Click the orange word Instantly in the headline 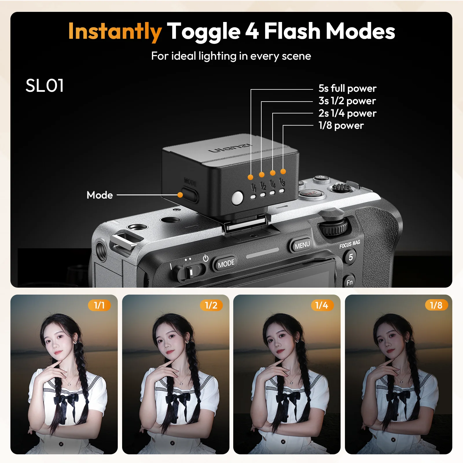coord(115,32)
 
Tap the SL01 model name coord(45,86)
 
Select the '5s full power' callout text coord(347,88)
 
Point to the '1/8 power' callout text coord(341,126)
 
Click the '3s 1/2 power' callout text coord(347,101)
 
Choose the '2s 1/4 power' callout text coord(347,113)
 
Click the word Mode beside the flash coord(100,195)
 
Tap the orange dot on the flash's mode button coord(180,195)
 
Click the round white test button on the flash coord(237,198)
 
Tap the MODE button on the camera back coord(226,263)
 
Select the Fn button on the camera coord(349,282)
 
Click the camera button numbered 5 coord(350,257)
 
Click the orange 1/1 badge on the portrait coord(99,305)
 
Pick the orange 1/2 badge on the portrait coord(211,305)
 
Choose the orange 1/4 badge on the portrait coord(322,305)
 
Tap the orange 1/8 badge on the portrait coord(436,305)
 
